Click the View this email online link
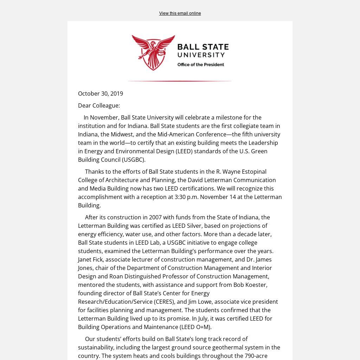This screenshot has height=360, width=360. tap(180, 13)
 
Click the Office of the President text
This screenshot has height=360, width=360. tap(200, 65)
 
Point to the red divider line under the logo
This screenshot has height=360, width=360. tap(180, 81)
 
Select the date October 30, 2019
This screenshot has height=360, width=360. tap(101, 94)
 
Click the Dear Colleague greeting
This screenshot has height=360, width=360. tap(99, 105)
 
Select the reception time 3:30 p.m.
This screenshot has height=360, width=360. tap(187, 197)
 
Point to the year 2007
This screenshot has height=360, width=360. tap(156, 217)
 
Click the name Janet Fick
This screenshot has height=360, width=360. tap(90, 259)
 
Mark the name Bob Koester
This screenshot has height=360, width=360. tap(250, 285)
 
